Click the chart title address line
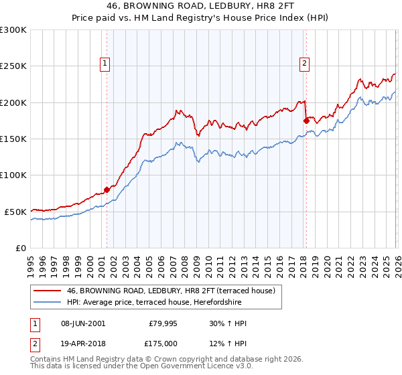[x=200, y=6]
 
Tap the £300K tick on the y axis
[x=13, y=30]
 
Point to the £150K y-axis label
[x=13, y=139]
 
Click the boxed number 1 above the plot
[x=106, y=64]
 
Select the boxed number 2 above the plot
[x=304, y=64]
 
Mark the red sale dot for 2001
[x=107, y=190]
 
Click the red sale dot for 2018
[x=306, y=121]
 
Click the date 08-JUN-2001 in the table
[x=83, y=323]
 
